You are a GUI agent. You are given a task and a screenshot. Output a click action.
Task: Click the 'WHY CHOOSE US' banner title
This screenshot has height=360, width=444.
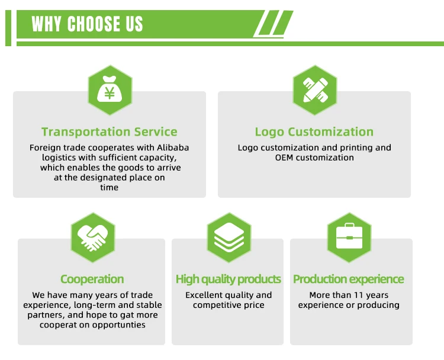pyautogui.click(x=87, y=24)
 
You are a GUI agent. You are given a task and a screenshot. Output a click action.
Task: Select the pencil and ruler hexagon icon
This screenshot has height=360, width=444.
pyautogui.click(x=314, y=90)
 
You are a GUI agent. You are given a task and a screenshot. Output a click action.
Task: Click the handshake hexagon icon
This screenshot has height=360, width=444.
pyautogui.click(x=92, y=237)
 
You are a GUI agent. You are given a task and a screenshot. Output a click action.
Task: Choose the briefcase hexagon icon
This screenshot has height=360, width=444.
pyautogui.click(x=349, y=237)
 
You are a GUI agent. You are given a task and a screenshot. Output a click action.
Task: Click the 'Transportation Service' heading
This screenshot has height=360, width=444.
pyautogui.click(x=110, y=132)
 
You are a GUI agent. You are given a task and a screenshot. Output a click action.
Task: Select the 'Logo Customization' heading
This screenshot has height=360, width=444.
pyautogui.click(x=314, y=132)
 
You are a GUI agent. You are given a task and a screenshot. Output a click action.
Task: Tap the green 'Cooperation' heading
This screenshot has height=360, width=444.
pyautogui.click(x=92, y=279)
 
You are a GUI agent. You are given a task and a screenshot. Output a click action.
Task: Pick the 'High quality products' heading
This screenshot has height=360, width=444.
pyautogui.click(x=228, y=279)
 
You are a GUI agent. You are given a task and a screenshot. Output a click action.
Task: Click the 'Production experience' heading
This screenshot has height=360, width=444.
pyautogui.click(x=349, y=279)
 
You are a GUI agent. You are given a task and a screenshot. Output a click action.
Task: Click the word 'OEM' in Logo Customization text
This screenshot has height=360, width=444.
pyautogui.click(x=284, y=157)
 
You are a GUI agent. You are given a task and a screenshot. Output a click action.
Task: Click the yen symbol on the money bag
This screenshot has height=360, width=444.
pyautogui.click(x=110, y=93)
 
